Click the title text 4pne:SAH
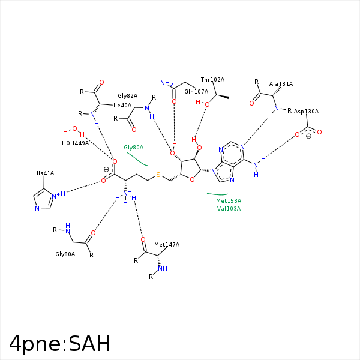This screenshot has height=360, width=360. pyautogui.click(x=60, y=343)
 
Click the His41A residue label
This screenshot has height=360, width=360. pyautogui.click(x=44, y=173)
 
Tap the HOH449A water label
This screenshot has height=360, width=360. pyautogui.click(x=75, y=143)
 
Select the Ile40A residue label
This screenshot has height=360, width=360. pyautogui.click(x=122, y=106)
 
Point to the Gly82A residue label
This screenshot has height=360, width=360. pyautogui.click(x=127, y=96)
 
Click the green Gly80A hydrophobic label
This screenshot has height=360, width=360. pyautogui.click(x=134, y=147)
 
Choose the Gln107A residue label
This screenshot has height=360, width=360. pyautogui.click(x=196, y=92)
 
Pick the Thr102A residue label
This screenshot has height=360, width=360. pyautogui.click(x=212, y=80)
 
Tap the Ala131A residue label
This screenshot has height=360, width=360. pyautogui.click(x=281, y=84)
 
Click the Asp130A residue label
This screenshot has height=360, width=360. pyautogui.click(x=306, y=112)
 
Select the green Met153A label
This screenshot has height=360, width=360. pyautogui.click(x=229, y=201)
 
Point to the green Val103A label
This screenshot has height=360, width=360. pyautogui.click(x=229, y=209)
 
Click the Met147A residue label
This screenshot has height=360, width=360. pyautogui.click(x=167, y=245)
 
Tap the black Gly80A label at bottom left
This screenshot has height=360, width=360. pyautogui.click(x=65, y=254)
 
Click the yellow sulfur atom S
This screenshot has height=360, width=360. pyautogui.click(x=158, y=175)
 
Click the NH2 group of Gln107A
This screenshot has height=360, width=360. pyautogui.click(x=166, y=84)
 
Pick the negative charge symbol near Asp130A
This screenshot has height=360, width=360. pyautogui.click(x=308, y=136)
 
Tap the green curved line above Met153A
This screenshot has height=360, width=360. pyautogui.click(x=217, y=194)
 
